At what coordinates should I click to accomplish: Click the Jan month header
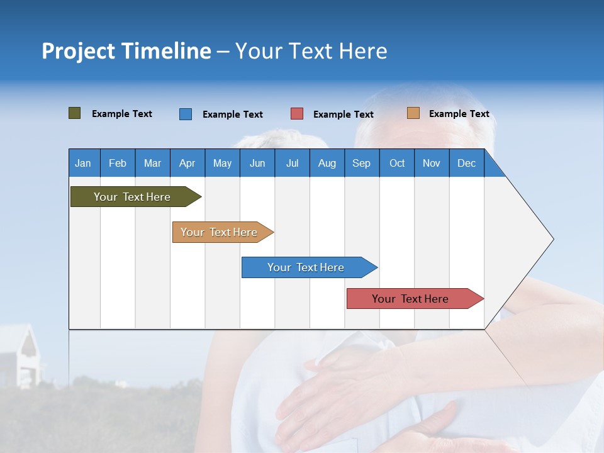pyautogui.click(x=83, y=163)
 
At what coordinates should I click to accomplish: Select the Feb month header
pyautogui.click(x=118, y=163)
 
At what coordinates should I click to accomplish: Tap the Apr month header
pyautogui.click(x=187, y=163)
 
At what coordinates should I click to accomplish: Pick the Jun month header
pyautogui.click(x=257, y=163)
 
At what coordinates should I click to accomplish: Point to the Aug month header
pyautogui.click(x=327, y=163)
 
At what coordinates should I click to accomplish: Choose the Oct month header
pyautogui.click(x=397, y=163)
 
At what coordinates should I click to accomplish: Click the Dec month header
pyautogui.click(x=466, y=163)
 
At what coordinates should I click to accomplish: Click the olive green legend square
pyautogui.click(x=74, y=113)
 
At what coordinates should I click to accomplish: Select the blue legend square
pyautogui.click(x=186, y=114)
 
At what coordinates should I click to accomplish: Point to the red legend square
pyautogui.click(x=297, y=114)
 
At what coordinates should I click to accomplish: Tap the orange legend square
pyautogui.click(x=413, y=113)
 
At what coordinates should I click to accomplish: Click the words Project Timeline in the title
pyautogui.click(x=126, y=51)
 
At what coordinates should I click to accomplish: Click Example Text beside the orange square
pyautogui.click(x=459, y=114)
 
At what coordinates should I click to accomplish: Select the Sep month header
pyautogui.click(x=361, y=163)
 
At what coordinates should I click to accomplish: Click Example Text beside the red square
pyautogui.click(x=343, y=115)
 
